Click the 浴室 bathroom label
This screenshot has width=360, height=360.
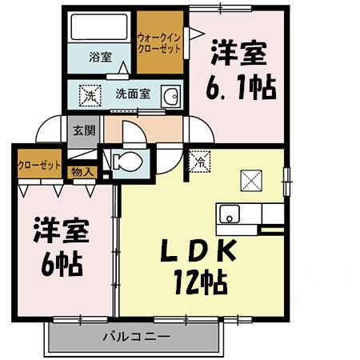point(100,58)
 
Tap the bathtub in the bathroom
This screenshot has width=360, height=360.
point(100,30)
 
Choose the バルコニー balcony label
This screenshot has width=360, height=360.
point(134,337)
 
